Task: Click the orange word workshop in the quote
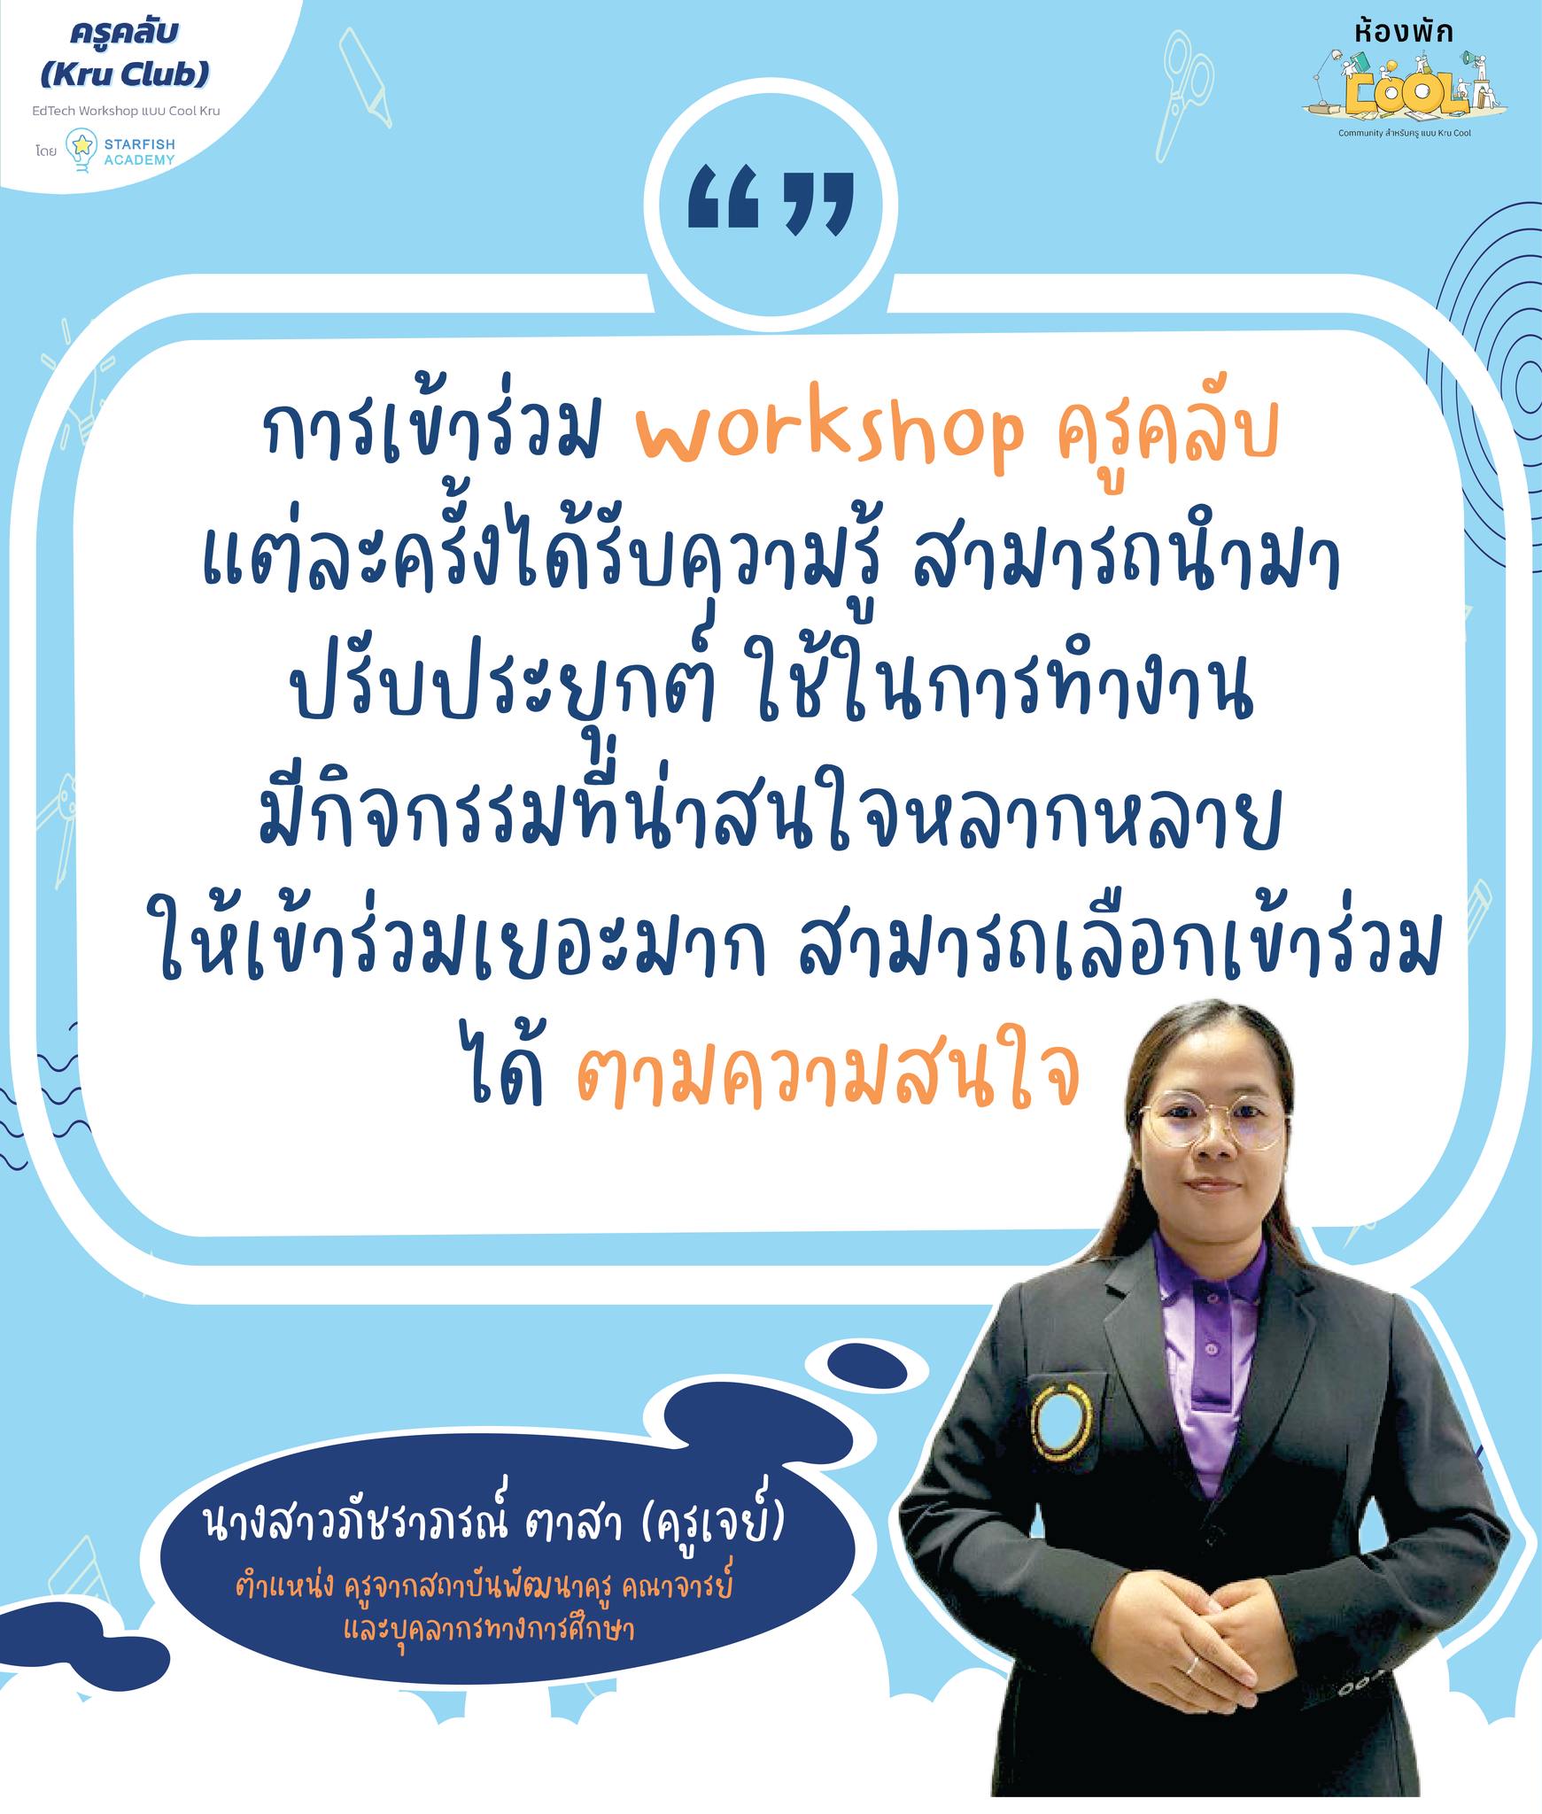pyautogui.click(x=829, y=437)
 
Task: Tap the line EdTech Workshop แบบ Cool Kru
pyautogui.click(x=126, y=111)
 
